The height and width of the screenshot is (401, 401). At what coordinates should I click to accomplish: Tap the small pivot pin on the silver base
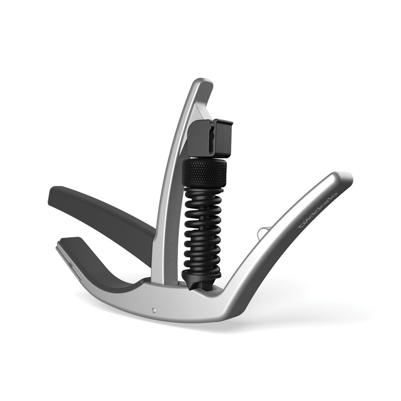[154, 310]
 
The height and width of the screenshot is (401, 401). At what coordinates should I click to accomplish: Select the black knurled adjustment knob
[204, 173]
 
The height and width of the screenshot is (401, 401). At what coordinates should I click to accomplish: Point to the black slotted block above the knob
[209, 138]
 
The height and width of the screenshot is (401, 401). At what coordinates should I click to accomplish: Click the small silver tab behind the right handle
[261, 233]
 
